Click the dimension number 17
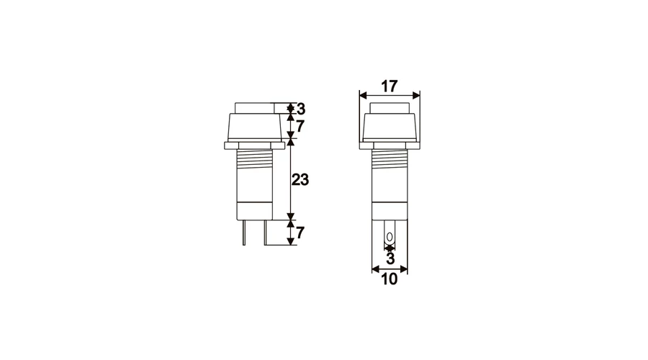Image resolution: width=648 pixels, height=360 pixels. [389, 86]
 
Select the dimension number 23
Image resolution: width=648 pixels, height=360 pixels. [300, 180]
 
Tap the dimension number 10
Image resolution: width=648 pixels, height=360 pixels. [389, 279]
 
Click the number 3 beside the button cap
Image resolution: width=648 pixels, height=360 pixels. [301, 109]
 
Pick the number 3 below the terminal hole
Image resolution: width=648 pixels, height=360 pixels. [390, 258]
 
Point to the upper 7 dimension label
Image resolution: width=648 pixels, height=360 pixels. [300, 126]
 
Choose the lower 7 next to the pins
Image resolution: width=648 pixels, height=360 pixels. [300, 233]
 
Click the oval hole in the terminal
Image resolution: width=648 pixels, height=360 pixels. [390, 237]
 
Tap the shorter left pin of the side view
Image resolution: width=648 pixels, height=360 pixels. [244, 233]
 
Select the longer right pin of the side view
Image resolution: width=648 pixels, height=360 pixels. [265, 233]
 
